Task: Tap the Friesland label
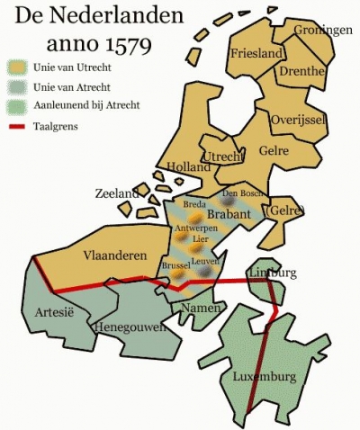256,54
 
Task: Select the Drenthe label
302,70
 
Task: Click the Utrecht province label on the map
223,157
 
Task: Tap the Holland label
187,166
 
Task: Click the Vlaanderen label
115,255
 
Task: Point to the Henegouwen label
130,327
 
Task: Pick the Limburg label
271,272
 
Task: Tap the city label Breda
194,204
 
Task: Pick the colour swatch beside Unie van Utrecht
18,66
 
